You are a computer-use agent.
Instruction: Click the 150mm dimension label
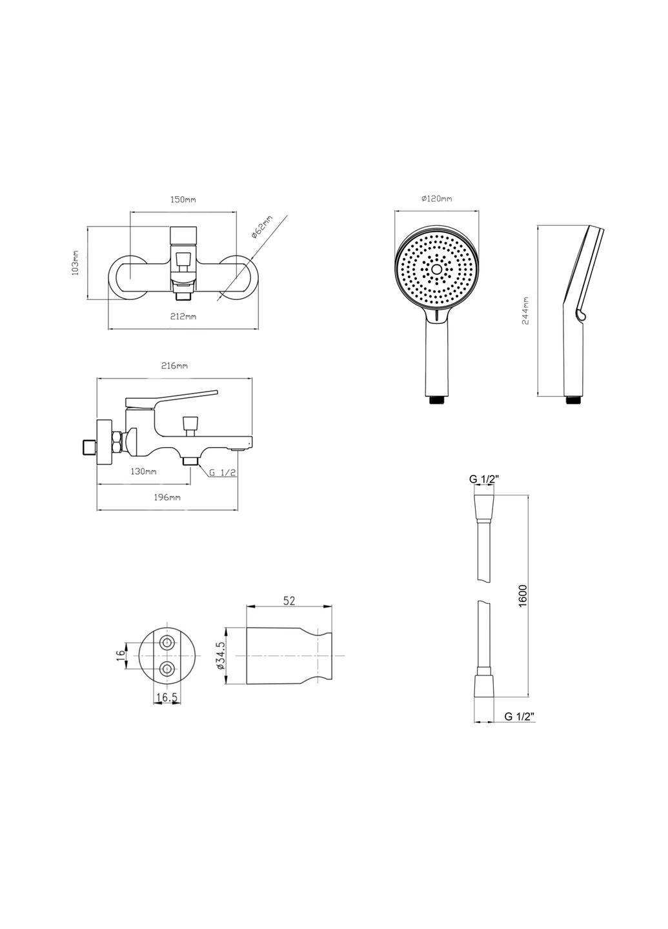183,200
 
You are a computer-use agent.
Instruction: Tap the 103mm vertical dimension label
76,263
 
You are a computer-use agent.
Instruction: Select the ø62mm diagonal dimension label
261,227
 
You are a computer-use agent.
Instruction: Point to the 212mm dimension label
184,317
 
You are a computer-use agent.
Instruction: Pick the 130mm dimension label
143,472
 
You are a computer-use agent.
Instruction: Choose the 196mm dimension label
168,497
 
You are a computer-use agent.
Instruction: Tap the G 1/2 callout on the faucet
223,472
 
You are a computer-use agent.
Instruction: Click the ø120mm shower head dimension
436,199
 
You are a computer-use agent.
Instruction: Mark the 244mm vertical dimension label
525,311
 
